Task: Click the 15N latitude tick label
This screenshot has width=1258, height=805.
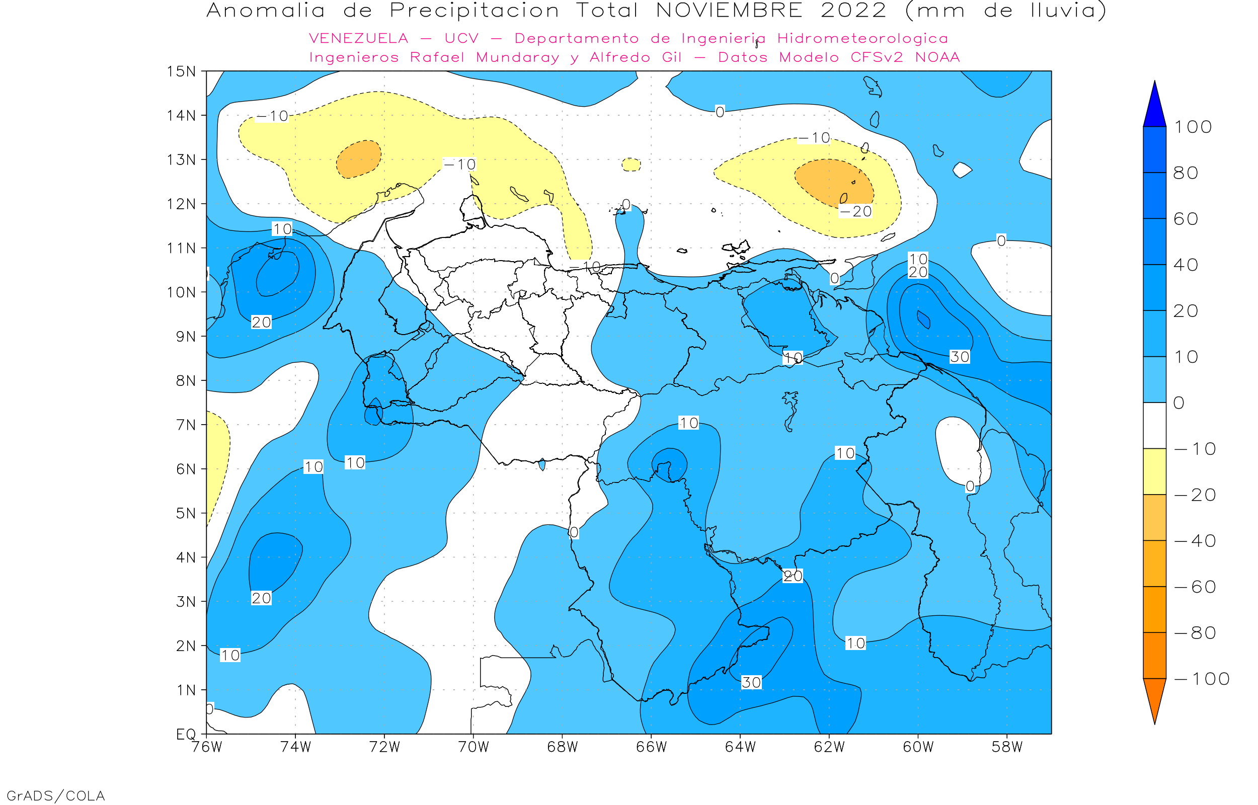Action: (181, 71)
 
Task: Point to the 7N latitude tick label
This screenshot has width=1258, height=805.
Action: (186, 425)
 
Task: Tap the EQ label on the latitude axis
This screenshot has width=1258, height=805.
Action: (186, 735)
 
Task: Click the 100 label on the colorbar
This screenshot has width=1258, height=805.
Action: (1193, 127)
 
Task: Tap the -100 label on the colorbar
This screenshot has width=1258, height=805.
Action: (1202, 679)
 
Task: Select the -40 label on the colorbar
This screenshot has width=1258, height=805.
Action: (1195, 541)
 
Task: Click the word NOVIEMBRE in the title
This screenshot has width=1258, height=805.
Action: (729, 11)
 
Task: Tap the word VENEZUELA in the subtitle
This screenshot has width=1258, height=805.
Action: (359, 39)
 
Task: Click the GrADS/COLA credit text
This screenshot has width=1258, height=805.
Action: (55, 795)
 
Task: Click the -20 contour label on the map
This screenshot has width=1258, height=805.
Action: (855, 212)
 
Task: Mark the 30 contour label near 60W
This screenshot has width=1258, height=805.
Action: (960, 357)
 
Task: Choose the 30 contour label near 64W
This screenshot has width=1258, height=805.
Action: (751, 683)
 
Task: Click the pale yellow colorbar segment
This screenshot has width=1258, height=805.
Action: (1154, 471)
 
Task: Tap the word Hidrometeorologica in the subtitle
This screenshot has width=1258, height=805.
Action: (862, 39)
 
